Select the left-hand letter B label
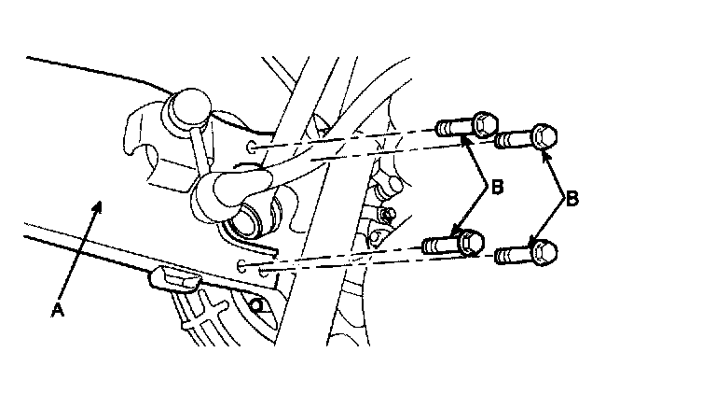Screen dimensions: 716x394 (x=497, y=189)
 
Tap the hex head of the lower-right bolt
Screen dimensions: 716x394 (x=544, y=252)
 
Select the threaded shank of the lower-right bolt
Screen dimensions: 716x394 (x=512, y=253)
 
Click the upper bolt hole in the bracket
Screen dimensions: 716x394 (x=253, y=148)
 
